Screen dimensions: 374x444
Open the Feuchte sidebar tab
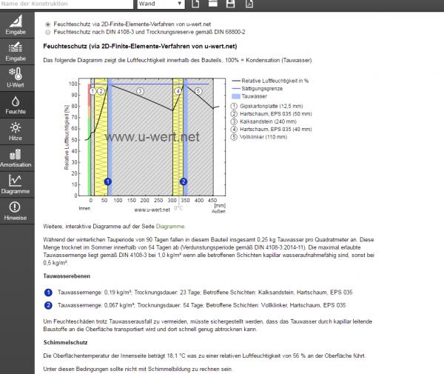coord(15,105)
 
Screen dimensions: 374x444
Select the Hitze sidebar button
coord(15,132)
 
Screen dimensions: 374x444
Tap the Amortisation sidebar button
coord(15,157)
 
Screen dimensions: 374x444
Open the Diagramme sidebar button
coord(15,184)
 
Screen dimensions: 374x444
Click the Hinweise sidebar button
coord(15,211)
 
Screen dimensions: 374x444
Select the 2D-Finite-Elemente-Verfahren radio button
coord(48,24)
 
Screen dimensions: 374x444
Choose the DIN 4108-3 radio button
coord(48,33)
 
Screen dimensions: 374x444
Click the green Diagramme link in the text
coord(170,226)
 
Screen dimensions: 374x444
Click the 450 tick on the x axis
coord(213,201)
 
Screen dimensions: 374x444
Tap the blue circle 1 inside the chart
coord(108,181)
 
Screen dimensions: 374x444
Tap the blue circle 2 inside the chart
coord(184,181)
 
